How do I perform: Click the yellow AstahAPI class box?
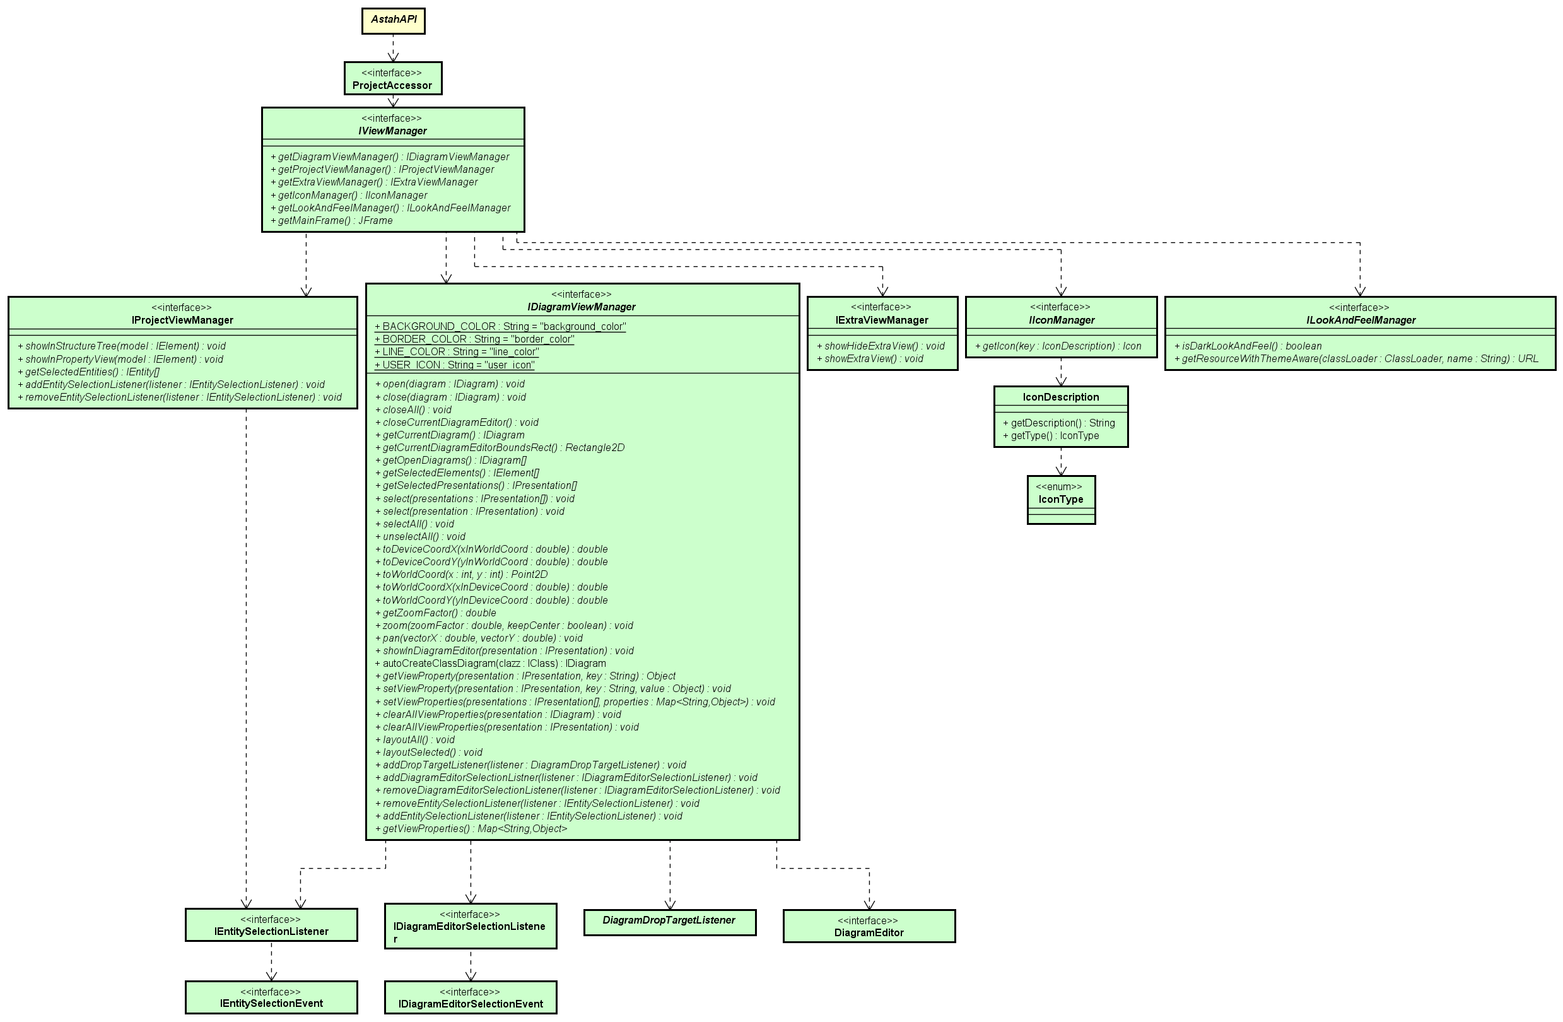pyautogui.click(x=394, y=20)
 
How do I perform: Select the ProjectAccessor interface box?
pyautogui.click(x=393, y=79)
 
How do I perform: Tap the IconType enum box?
pyautogui.click(x=1061, y=499)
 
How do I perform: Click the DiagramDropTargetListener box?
pyautogui.click(x=669, y=922)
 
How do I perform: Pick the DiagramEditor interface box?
pyautogui.click(x=869, y=926)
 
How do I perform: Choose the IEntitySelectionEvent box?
pyautogui.click(x=271, y=997)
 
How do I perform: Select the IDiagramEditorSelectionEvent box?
pyautogui.click(x=470, y=997)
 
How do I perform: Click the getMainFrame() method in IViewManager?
pyautogui.click(x=335, y=221)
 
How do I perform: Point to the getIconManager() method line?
pyautogui.click(x=352, y=195)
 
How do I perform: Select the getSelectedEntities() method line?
pyautogui.click(x=92, y=372)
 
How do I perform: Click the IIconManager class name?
pyautogui.click(x=1062, y=320)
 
